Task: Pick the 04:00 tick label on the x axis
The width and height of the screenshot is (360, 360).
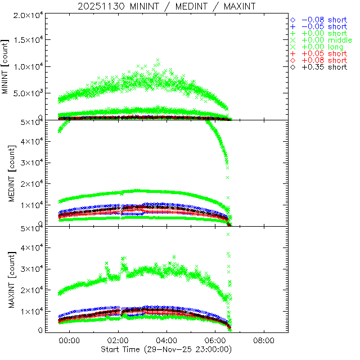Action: (x=166, y=341)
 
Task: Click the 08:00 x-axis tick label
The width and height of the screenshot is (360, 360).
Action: (x=264, y=341)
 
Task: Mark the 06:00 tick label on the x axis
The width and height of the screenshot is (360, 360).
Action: (x=215, y=341)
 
